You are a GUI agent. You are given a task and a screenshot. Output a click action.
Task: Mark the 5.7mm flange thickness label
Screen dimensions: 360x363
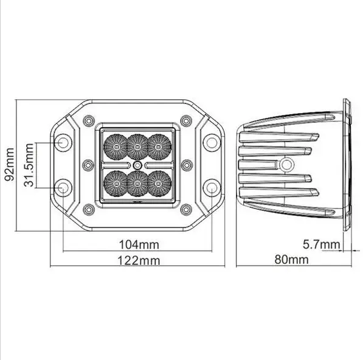coord(321,244)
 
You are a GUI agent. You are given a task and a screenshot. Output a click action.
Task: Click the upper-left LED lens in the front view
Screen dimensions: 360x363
coord(116,145)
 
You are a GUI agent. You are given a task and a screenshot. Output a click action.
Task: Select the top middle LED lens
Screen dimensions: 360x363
coord(137,145)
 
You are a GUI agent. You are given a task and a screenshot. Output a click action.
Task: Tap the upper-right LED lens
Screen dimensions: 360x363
coord(159,145)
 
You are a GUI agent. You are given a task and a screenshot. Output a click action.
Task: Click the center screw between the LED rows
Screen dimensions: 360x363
coord(138,165)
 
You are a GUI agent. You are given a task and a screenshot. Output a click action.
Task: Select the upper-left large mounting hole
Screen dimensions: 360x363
coord(63,143)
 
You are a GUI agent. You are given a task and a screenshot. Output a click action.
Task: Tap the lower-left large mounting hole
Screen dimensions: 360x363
coord(63,187)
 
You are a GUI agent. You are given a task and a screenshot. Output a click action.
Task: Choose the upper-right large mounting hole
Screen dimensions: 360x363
coord(211,143)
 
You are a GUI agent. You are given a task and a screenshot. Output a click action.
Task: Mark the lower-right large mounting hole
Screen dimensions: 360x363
coord(211,187)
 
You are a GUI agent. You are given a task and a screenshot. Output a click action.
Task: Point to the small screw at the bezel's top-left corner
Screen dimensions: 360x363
coord(89,120)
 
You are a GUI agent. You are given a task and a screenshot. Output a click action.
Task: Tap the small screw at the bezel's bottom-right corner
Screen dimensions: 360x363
coord(186,209)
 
